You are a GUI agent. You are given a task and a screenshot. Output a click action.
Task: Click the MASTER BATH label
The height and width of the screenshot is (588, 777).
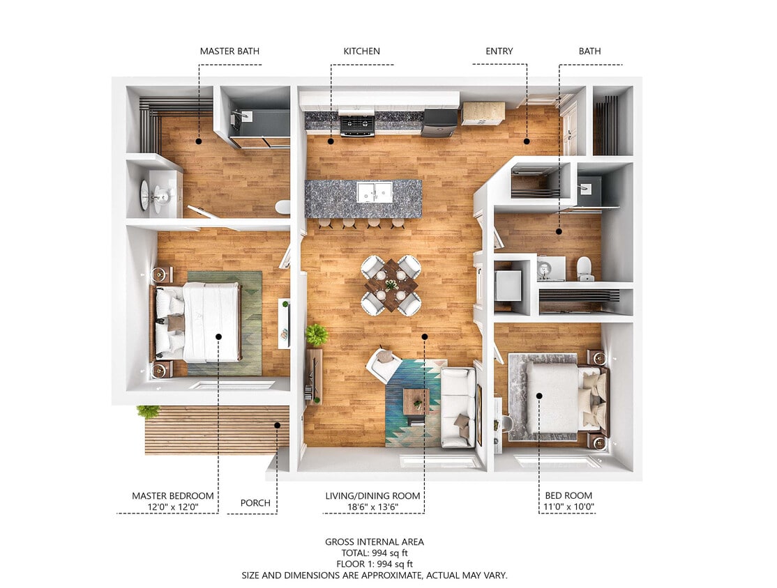[229, 51]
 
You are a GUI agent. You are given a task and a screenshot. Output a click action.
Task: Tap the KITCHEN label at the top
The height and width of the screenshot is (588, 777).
[361, 51]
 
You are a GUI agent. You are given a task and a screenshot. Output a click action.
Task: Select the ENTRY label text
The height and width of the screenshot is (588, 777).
[499, 51]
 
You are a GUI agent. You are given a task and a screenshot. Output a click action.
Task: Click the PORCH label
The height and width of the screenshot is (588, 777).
[255, 502]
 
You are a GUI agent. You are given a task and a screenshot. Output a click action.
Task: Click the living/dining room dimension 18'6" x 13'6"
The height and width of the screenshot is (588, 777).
[372, 507]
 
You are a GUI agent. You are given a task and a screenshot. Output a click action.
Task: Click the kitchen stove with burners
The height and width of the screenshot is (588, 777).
[356, 123]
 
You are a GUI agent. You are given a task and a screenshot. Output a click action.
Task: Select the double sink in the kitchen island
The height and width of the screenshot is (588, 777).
[375, 192]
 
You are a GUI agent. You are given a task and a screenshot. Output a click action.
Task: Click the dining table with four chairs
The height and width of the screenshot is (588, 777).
[391, 285]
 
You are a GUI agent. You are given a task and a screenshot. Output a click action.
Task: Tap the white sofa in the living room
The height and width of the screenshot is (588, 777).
[458, 407]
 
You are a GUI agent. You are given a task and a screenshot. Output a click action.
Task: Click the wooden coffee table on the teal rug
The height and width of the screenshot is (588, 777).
[416, 401]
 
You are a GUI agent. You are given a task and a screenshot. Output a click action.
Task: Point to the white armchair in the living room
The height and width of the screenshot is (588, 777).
[383, 364]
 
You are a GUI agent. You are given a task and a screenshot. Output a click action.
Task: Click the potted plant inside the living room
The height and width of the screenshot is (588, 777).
[317, 335]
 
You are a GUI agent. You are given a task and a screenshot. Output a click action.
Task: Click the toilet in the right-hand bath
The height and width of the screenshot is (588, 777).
[584, 268]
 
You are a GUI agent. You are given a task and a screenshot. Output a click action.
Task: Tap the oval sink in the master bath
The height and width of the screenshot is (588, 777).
[145, 195]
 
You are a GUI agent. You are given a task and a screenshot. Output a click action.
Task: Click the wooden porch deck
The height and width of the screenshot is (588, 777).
[216, 430]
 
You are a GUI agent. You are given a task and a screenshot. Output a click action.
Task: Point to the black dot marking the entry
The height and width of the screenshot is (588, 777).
[527, 141]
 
